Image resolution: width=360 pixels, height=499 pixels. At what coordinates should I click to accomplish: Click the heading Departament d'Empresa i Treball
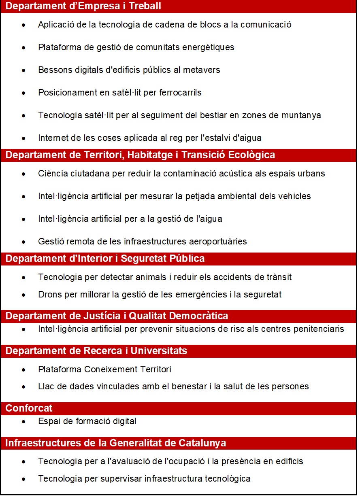83,6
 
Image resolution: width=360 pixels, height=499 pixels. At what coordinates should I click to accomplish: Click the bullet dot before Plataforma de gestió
24,48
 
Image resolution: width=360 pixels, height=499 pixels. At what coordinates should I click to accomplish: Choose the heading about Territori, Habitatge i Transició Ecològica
140,155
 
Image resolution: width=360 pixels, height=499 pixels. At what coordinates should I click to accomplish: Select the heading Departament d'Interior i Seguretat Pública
105,259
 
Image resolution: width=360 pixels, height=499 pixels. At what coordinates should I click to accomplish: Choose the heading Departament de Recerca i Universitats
96,351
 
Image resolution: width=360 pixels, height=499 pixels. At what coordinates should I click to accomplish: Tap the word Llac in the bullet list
45,386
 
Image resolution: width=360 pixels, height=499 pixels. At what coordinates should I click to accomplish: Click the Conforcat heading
29,408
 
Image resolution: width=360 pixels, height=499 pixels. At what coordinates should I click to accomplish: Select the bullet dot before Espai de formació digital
24,422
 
